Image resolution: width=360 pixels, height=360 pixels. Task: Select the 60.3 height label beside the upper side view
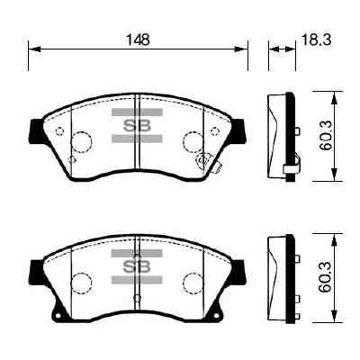pos(326,135)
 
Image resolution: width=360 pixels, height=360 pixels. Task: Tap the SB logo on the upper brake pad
pos(136,126)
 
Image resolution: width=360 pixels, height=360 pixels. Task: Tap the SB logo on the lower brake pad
pos(136,266)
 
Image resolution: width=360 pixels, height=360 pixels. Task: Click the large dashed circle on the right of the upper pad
pos(193,142)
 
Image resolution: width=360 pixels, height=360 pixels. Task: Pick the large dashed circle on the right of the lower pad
pos(193,283)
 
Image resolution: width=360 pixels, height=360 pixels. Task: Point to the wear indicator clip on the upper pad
pos(204,163)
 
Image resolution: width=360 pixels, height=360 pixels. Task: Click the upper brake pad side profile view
pos(282,135)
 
